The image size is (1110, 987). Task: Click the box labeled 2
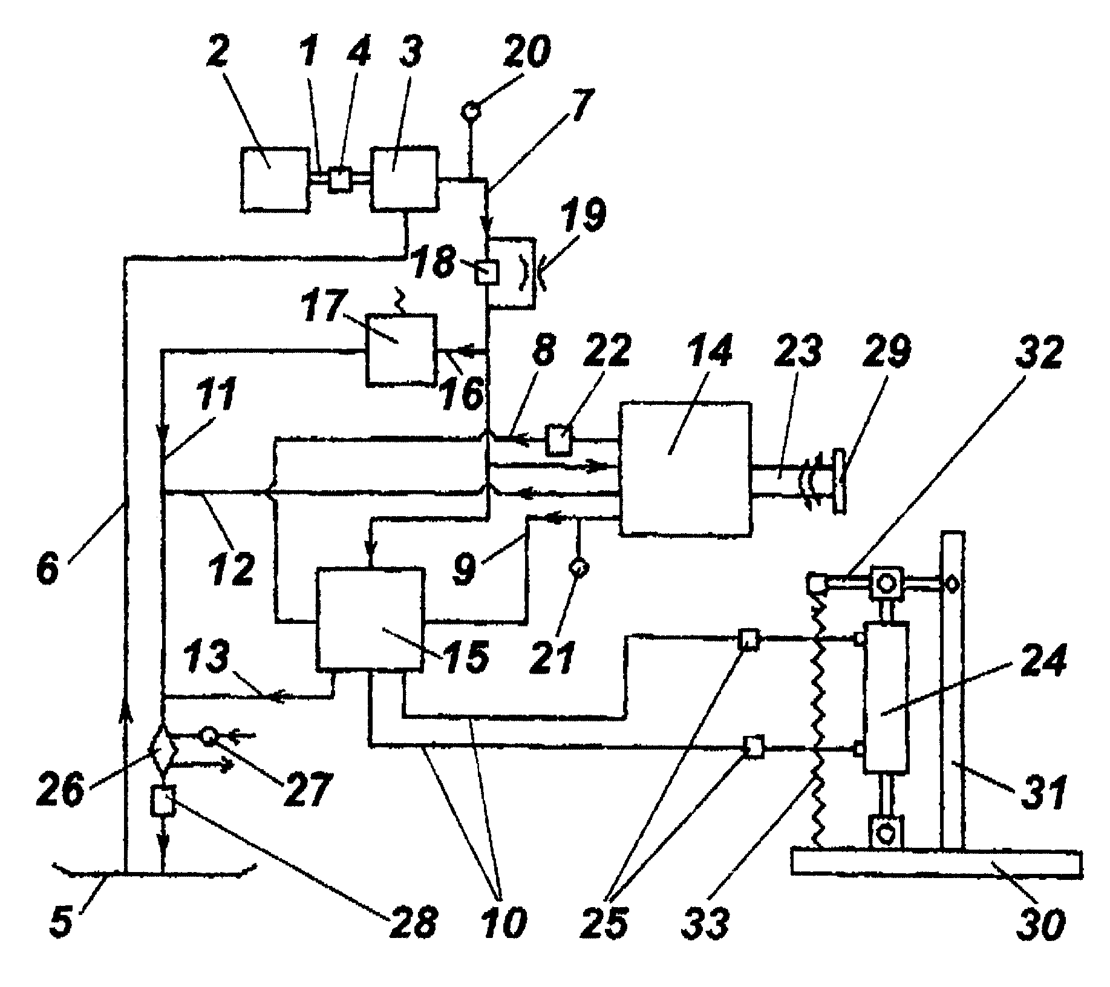[275, 179]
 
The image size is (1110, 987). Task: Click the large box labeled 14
[685, 468]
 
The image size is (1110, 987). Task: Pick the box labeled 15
[370, 619]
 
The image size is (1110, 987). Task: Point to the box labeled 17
[400, 350]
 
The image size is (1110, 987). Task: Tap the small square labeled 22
[558, 440]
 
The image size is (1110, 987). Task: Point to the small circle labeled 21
[578, 568]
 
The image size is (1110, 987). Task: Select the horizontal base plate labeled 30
[936, 862]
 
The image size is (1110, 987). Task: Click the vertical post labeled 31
[952, 690]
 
